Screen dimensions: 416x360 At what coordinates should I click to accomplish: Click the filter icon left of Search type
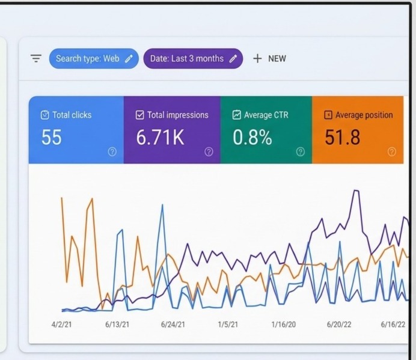36,58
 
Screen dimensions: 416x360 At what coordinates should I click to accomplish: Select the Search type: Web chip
94,58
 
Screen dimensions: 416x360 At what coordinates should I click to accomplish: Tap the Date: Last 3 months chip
193,58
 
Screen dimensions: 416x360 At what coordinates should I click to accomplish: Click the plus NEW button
269,58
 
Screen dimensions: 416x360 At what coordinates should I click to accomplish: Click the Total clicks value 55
52,137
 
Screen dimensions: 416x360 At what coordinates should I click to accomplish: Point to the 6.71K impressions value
160,137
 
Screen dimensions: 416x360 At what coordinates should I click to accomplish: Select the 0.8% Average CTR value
252,137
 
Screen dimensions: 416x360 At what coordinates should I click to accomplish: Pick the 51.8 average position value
343,137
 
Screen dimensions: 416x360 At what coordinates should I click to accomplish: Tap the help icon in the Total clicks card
112,151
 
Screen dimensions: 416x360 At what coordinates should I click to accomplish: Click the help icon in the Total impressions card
209,151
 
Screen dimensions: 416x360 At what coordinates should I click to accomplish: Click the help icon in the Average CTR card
301,151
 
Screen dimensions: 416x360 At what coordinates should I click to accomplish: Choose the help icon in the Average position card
392,151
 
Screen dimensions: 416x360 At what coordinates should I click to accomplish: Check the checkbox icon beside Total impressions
140,115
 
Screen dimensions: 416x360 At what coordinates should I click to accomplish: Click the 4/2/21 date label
61,325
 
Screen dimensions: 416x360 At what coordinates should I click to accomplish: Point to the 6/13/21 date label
117,325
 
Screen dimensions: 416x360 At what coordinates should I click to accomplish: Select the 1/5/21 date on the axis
228,325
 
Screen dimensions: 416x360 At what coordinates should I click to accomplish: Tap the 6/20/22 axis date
339,325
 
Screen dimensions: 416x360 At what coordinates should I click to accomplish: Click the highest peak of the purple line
356,190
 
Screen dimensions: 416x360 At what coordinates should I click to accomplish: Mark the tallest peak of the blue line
162,204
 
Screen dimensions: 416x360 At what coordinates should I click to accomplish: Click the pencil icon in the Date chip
233,59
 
